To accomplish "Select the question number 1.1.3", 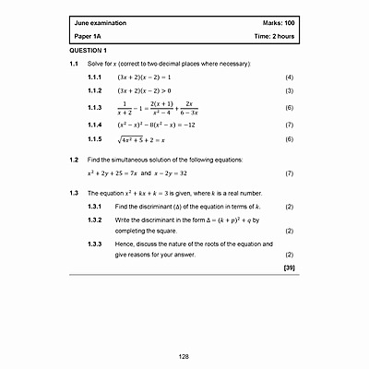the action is point(93,108).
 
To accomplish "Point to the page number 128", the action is point(184,356).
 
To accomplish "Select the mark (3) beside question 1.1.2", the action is point(289,92).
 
